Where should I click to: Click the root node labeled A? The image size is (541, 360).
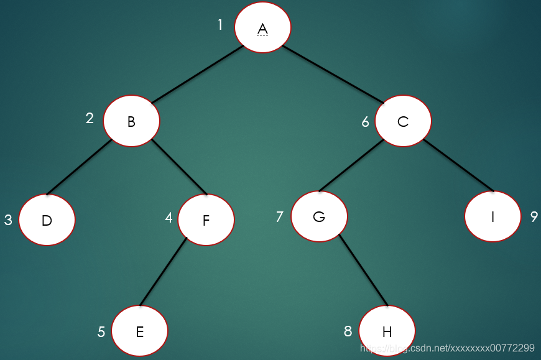coord(262,28)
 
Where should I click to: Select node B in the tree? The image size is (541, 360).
coord(131,121)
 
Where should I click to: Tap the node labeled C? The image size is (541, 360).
coord(403,121)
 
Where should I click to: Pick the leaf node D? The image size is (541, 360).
coord(47,220)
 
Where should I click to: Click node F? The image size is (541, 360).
coord(206,219)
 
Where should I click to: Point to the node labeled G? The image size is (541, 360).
coord(319,216)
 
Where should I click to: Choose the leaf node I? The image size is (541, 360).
coord(492,216)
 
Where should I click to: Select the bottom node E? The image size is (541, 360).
coord(140,331)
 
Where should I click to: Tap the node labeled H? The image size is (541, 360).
coord(387,331)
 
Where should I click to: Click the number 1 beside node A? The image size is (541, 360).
coord(220,25)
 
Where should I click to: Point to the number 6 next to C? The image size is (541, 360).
coord(366,121)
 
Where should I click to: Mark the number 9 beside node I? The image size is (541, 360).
coord(534,216)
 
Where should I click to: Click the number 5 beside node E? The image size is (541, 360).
coord(101,332)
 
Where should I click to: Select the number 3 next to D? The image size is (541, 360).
coord(8,220)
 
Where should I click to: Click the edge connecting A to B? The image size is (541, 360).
coord(197,74)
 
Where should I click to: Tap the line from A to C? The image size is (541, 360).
coord(333,73)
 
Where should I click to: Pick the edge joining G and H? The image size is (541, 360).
coord(364,270)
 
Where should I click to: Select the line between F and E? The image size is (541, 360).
coord(164,271)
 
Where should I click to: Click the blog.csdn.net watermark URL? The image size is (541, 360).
coord(448,348)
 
